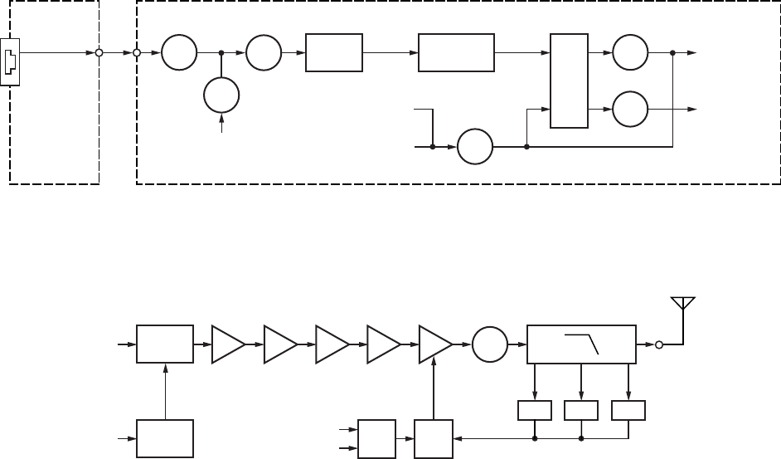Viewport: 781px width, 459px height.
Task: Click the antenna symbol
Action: tap(682, 307)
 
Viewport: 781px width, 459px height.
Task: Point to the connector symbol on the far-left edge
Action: tap(11, 61)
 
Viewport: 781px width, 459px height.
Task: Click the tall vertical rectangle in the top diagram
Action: tap(570, 81)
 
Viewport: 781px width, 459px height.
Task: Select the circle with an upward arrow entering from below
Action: tap(221, 98)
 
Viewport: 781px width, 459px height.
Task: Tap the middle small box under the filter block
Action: tap(580, 409)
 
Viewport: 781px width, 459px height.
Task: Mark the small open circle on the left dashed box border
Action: tap(99, 53)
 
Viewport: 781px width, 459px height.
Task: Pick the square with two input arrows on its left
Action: tap(375, 437)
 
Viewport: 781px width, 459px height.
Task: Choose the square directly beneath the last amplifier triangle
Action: tap(434, 437)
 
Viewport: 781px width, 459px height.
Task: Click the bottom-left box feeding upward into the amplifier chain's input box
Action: tap(165, 437)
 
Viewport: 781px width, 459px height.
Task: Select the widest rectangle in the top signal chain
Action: tap(457, 53)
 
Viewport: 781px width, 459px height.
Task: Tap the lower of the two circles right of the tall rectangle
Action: tap(630, 108)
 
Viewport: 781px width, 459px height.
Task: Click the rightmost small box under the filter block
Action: tap(628, 409)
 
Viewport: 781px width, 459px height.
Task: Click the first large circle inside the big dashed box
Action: tap(179, 53)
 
